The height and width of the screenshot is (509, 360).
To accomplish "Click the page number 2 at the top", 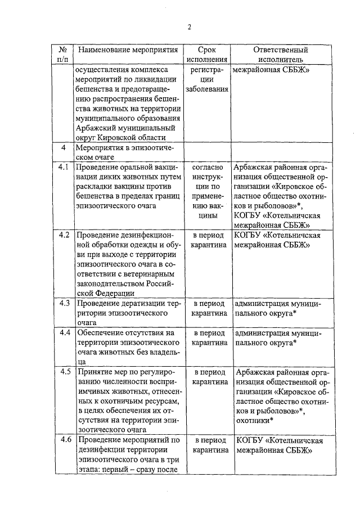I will click(189, 26).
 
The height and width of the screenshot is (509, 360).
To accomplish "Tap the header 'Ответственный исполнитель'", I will click(280, 55).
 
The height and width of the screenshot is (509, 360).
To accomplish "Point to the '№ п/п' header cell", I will click(64, 55).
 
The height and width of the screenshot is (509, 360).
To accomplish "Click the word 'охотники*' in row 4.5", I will click(255, 420).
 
